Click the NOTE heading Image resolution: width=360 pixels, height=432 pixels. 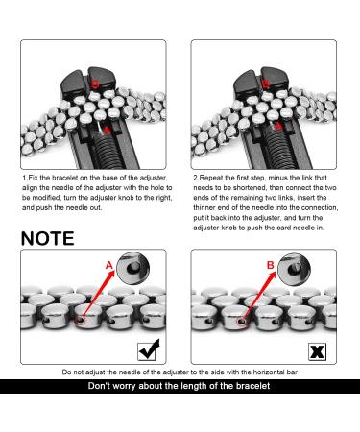pyautogui.click(x=47, y=239)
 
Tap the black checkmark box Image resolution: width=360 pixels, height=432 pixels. pyautogui.click(x=148, y=350)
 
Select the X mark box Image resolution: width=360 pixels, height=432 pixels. pyautogui.click(x=317, y=351)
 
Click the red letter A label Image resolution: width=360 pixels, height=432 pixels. pyautogui.click(x=109, y=265)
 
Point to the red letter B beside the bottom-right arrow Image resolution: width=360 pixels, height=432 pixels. pyautogui.click(x=271, y=265)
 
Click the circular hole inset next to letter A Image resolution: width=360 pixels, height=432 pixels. pyautogui.click(x=132, y=268)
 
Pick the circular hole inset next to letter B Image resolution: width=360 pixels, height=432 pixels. pyautogui.click(x=294, y=269)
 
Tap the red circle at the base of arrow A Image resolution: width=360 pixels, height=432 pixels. pyautogui.click(x=81, y=320)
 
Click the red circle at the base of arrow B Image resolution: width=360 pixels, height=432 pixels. pyautogui.click(x=242, y=321)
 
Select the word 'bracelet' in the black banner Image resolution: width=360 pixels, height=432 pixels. pyautogui.click(x=252, y=386)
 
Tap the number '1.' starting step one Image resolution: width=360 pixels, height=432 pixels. pyautogui.click(x=25, y=178)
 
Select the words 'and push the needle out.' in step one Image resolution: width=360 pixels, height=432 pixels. pyautogui.click(x=62, y=208)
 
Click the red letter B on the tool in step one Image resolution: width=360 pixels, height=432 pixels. pyautogui.click(x=95, y=84)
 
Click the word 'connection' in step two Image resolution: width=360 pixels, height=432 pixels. pyautogui.click(x=322, y=207)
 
